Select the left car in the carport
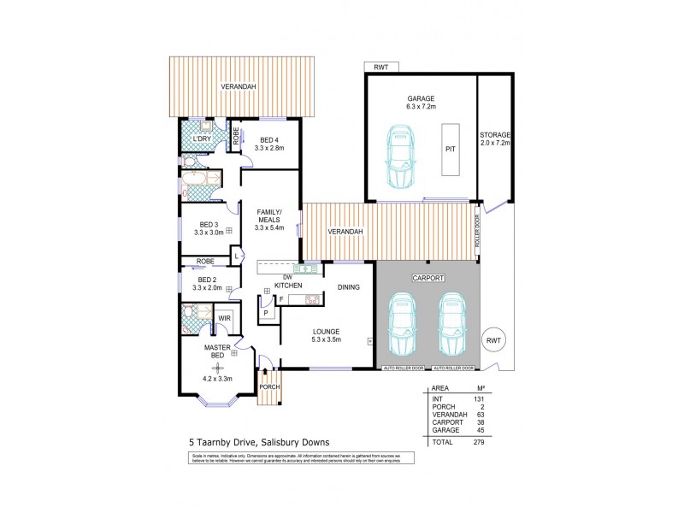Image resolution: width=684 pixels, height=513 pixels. pyautogui.click(x=403, y=327)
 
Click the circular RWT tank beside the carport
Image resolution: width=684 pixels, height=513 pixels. pyautogui.click(x=494, y=339)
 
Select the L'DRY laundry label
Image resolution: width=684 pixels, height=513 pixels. pyautogui.click(x=202, y=139)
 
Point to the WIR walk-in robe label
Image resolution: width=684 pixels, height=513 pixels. pyautogui.click(x=224, y=318)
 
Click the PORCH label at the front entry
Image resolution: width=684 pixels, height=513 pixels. pyautogui.click(x=269, y=387)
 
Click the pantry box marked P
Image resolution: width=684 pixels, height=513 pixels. pyautogui.click(x=266, y=313)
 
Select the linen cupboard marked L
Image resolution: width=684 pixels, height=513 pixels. pyautogui.click(x=235, y=255)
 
